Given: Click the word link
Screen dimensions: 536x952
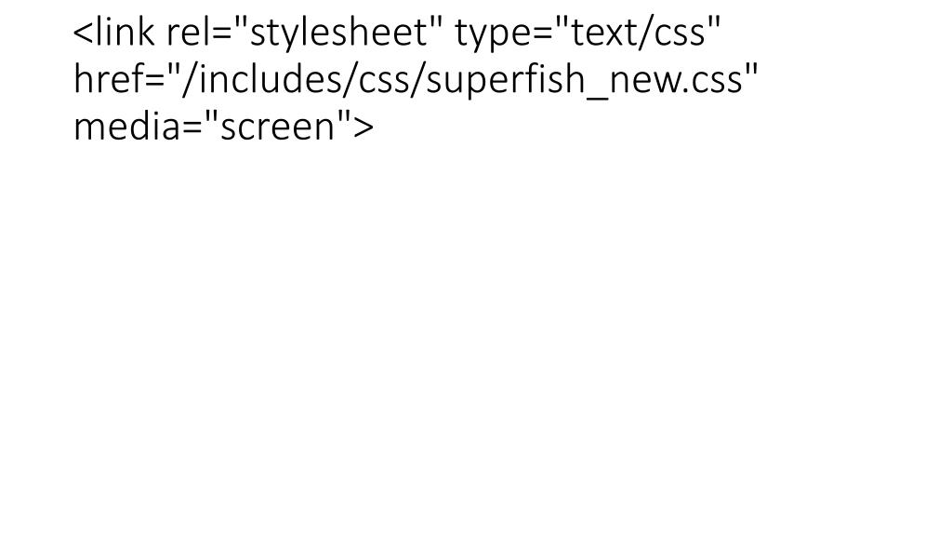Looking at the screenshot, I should pyautogui.click(x=124, y=35).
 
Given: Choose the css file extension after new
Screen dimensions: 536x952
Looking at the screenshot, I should pyautogui.click(x=716, y=83).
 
